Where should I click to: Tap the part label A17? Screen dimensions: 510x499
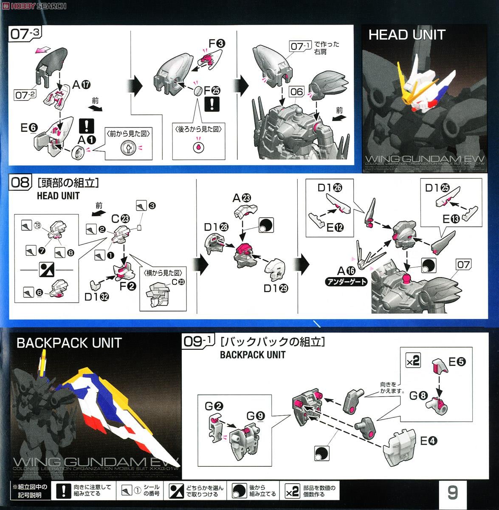81,85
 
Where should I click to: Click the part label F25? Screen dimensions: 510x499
212,90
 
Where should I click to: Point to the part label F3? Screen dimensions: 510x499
217,43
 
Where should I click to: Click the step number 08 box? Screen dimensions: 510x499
20,183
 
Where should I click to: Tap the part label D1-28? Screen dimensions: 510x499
216,227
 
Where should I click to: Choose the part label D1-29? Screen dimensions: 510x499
276,288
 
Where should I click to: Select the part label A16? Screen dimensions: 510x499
346,270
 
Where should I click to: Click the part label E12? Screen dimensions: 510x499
335,228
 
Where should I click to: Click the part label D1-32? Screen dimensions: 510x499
96,297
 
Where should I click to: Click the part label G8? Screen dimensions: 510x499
418,396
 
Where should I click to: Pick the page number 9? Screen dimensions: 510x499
452,492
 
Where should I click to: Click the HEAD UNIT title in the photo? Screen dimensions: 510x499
406,35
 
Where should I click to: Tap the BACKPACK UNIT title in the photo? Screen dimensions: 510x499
69,343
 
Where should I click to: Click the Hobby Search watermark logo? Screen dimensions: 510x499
34,6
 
